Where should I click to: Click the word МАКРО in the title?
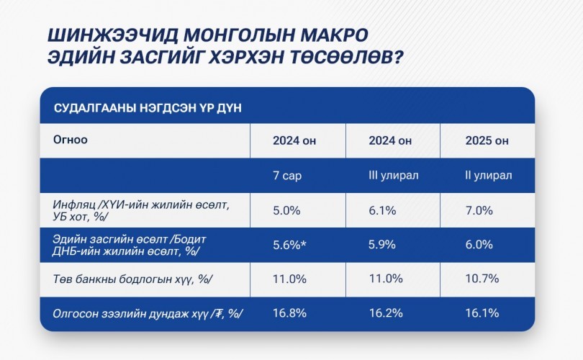click(x=334, y=35)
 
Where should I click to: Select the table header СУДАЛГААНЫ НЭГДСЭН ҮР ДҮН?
click(x=148, y=108)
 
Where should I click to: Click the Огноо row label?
click(x=71, y=140)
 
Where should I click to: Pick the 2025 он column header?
click(x=487, y=140)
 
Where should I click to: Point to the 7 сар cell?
click(x=287, y=175)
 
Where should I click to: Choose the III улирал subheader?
click(x=394, y=175)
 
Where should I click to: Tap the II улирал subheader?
click(x=488, y=175)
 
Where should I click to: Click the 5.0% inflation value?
click(x=286, y=210)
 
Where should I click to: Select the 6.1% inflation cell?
click(x=382, y=210)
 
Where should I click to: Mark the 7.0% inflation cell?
click(x=479, y=210)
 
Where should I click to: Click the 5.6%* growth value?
click(x=289, y=244)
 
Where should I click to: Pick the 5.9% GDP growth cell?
click(x=382, y=244)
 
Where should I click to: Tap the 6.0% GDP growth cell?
click(x=479, y=244)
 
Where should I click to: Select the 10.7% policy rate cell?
click(x=482, y=279)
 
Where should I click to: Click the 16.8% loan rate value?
click(x=289, y=312)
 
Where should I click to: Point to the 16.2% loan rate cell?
click(x=386, y=312)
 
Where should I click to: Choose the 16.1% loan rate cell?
click(x=482, y=312)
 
